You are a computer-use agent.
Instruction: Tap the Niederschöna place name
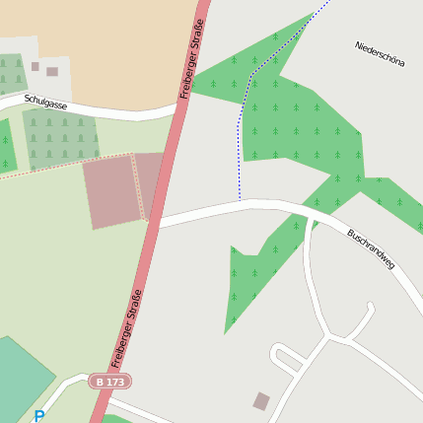[380, 54]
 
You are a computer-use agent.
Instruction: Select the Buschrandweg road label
[371, 250]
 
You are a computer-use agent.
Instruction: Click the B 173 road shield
[109, 381]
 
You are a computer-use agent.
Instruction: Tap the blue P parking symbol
[38, 416]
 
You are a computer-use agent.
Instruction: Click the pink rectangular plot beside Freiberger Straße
[110, 192]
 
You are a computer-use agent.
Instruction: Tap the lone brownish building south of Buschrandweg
[261, 400]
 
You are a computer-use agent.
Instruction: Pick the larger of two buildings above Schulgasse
[52, 72]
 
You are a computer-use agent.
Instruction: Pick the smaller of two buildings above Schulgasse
[35, 67]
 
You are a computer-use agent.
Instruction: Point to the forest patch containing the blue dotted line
[296, 118]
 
